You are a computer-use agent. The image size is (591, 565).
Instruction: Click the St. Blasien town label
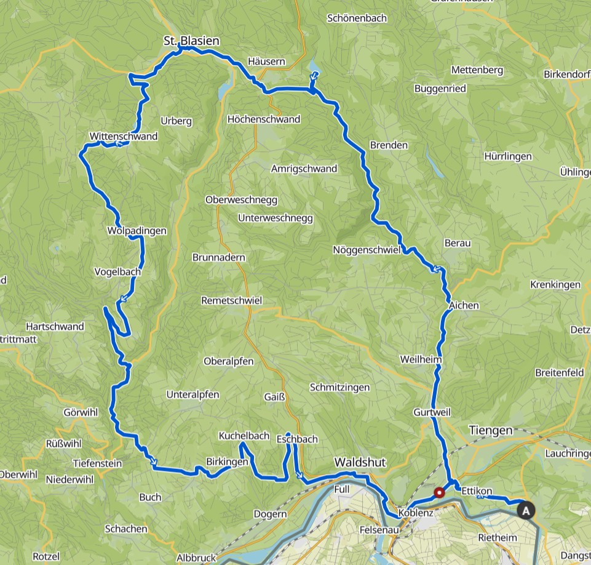coord(191,41)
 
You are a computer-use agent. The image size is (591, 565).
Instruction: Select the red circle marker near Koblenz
coord(439,492)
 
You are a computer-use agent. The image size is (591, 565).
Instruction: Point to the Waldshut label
coord(359,462)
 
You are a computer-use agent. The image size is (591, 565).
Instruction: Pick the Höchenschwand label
coord(263,119)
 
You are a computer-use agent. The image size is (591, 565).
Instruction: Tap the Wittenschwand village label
coord(123,136)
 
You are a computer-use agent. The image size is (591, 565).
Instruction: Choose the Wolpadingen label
coord(137,231)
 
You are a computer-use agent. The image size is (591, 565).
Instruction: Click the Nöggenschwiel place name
coord(367,250)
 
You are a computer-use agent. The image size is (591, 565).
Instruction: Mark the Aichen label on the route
coord(464,305)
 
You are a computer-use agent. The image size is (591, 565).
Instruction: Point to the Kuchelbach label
coord(244,436)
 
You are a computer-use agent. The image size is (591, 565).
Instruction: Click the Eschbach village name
coord(297,439)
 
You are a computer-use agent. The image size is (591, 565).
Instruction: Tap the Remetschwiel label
coord(232,300)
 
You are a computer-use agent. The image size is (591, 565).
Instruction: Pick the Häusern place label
coord(266,62)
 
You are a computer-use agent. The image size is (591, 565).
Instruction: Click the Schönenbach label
coord(357,18)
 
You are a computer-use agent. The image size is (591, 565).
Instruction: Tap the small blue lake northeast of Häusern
coord(314,66)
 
